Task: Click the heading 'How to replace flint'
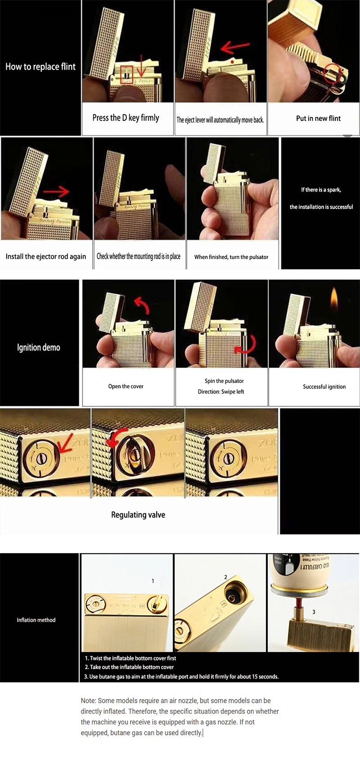coord(40,67)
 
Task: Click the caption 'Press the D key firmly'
coord(126,118)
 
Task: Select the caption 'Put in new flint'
coord(318,118)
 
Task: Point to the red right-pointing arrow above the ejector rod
coord(56,192)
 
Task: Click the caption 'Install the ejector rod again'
coord(45,256)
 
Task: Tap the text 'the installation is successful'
coord(321,207)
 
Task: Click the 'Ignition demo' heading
coord(38,347)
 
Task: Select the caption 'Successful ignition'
coord(324,387)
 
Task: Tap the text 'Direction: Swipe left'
coord(220,392)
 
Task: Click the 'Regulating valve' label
coord(138,515)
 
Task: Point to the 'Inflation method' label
coord(36,620)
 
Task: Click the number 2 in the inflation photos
coord(225,577)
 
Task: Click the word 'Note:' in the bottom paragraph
coord(88,701)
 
